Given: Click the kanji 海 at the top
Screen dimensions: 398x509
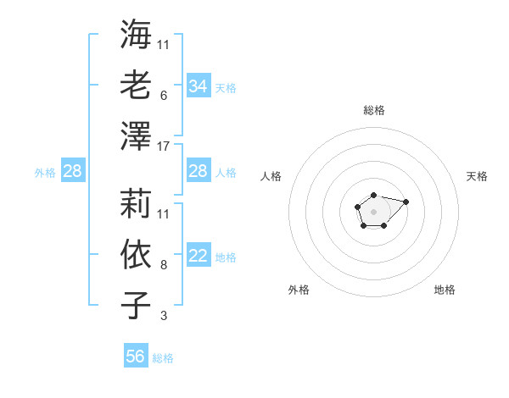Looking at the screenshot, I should (137, 35).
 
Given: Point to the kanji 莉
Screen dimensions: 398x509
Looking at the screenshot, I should (137, 204).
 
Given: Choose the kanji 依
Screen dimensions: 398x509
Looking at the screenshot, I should (137, 255).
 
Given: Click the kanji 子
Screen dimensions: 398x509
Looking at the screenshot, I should (137, 306).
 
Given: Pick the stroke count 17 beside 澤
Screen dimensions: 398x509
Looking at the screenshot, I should (164, 146).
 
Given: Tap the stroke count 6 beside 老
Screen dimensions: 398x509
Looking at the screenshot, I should (163, 96).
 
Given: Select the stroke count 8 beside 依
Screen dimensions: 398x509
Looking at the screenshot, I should (163, 265).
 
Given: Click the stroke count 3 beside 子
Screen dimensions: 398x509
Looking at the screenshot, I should (163, 316).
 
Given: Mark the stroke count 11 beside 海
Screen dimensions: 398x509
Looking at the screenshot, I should (164, 44).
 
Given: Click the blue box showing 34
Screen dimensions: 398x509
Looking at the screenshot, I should (198, 86).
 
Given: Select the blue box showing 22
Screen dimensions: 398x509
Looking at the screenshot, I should (198, 257).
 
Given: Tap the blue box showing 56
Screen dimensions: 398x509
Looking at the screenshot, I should (136, 357).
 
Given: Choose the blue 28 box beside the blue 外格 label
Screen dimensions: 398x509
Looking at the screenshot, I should (72, 172).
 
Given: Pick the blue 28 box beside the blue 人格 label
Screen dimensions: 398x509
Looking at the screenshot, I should (198, 172).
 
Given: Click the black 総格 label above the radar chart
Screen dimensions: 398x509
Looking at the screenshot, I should (373, 110).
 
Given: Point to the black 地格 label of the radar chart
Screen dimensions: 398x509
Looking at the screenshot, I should (445, 290).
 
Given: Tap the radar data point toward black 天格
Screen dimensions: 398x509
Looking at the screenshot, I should (406, 202).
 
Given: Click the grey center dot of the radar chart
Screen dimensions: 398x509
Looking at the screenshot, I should (373, 210).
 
